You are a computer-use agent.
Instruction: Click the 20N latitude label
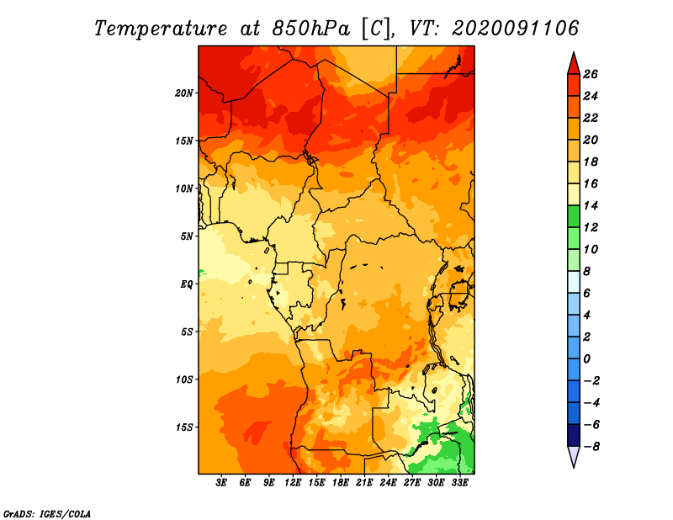184,93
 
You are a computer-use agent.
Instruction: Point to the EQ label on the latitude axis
187,284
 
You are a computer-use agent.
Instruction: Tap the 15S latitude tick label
184,427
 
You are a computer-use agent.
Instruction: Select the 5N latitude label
187,236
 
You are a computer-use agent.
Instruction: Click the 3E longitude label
221,483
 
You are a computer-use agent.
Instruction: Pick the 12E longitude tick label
293,483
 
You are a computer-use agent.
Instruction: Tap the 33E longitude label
459,483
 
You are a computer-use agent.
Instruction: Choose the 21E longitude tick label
364,483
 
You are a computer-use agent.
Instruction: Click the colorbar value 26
591,74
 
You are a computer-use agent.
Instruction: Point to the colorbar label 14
591,205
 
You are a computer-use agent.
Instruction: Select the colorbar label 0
586,359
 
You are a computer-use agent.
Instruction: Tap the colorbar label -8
591,447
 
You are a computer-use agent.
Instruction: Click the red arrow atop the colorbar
574,65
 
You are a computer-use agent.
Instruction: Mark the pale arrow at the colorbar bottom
574,456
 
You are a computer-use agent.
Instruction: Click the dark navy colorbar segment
574,435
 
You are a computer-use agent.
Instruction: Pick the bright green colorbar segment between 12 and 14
574,216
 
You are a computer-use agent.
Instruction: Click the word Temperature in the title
161,29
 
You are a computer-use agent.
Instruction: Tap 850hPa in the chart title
310,29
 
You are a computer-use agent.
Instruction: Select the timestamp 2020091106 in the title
516,29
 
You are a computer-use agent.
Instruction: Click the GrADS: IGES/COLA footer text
47,514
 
